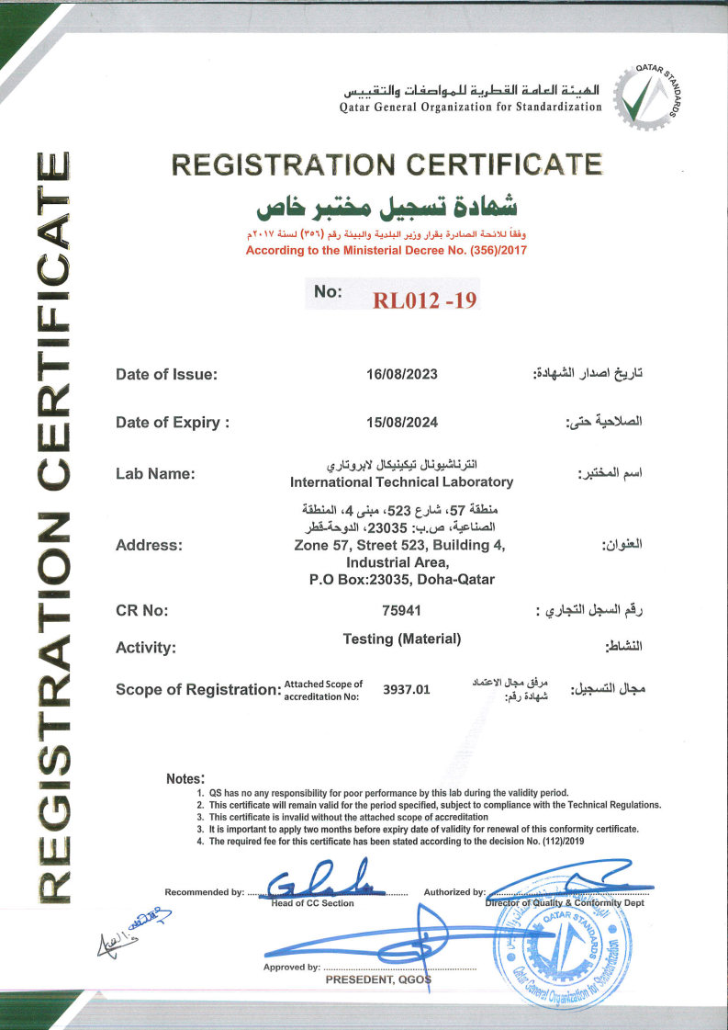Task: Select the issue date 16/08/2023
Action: [x=402, y=374]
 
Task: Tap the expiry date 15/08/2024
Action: [x=402, y=423]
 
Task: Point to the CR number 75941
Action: [x=401, y=609]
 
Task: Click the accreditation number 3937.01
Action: [x=406, y=688]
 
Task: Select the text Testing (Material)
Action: [x=402, y=639]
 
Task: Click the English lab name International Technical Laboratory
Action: [x=401, y=481]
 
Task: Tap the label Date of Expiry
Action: [x=172, y=423]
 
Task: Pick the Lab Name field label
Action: [x=155, y=474]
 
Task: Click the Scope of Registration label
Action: [x=196, y=689]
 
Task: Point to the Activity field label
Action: [x=145, y=648]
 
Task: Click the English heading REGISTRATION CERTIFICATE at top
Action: [x=386, y=164]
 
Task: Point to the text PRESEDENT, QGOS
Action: [x=377, y=980]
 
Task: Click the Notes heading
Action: [x=185, y=778]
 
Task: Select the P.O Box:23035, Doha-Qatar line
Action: [x=402, y=579]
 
